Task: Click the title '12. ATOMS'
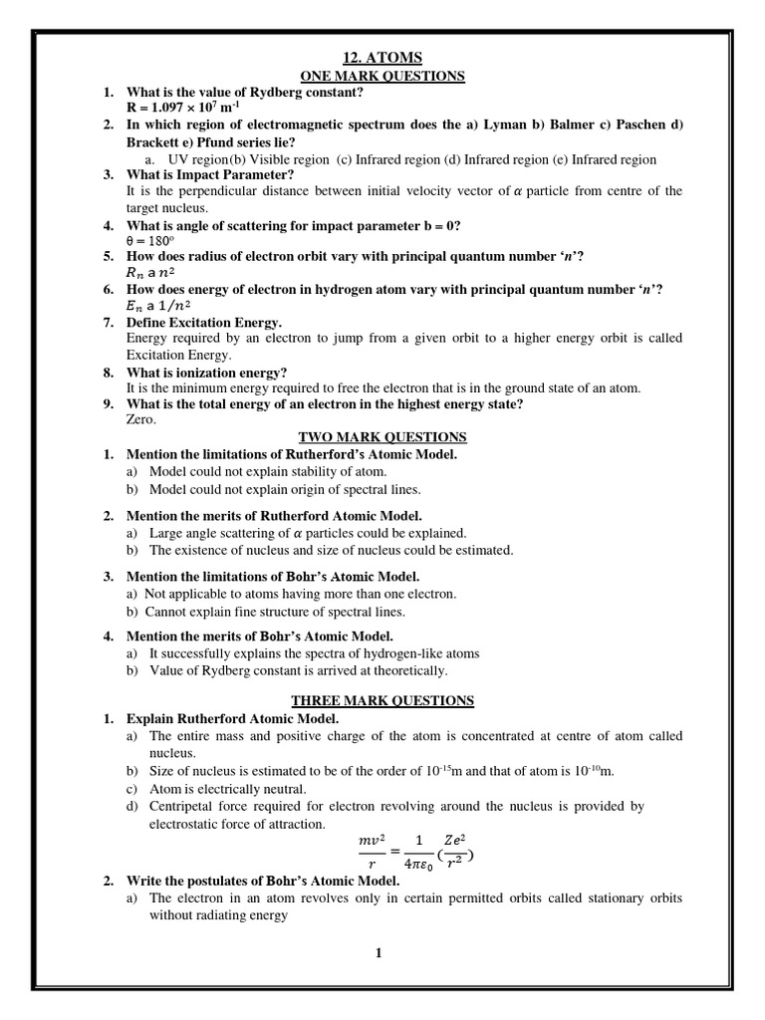pyautogui.click(x=382, y=59)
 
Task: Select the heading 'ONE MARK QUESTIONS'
pyautogui.click(x=382, y=76)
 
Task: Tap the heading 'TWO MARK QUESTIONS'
pyautogui.click(x=382, y=436)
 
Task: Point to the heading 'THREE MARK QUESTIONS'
pyautogui.click(x=382, y=700)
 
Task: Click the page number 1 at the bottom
pyautogui.click(x=379, y=953)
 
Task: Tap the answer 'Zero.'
pyautogui.click(x=143, y=419)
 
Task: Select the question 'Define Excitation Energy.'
pyautogui.click(x=204, y=322)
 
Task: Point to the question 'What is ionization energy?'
pyautogui.click(x=206, y=372)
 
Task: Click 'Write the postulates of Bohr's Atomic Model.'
pyautogui.click(x=263, y=882)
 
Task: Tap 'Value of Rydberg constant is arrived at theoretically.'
pyautogui.click(x=299, y=670)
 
